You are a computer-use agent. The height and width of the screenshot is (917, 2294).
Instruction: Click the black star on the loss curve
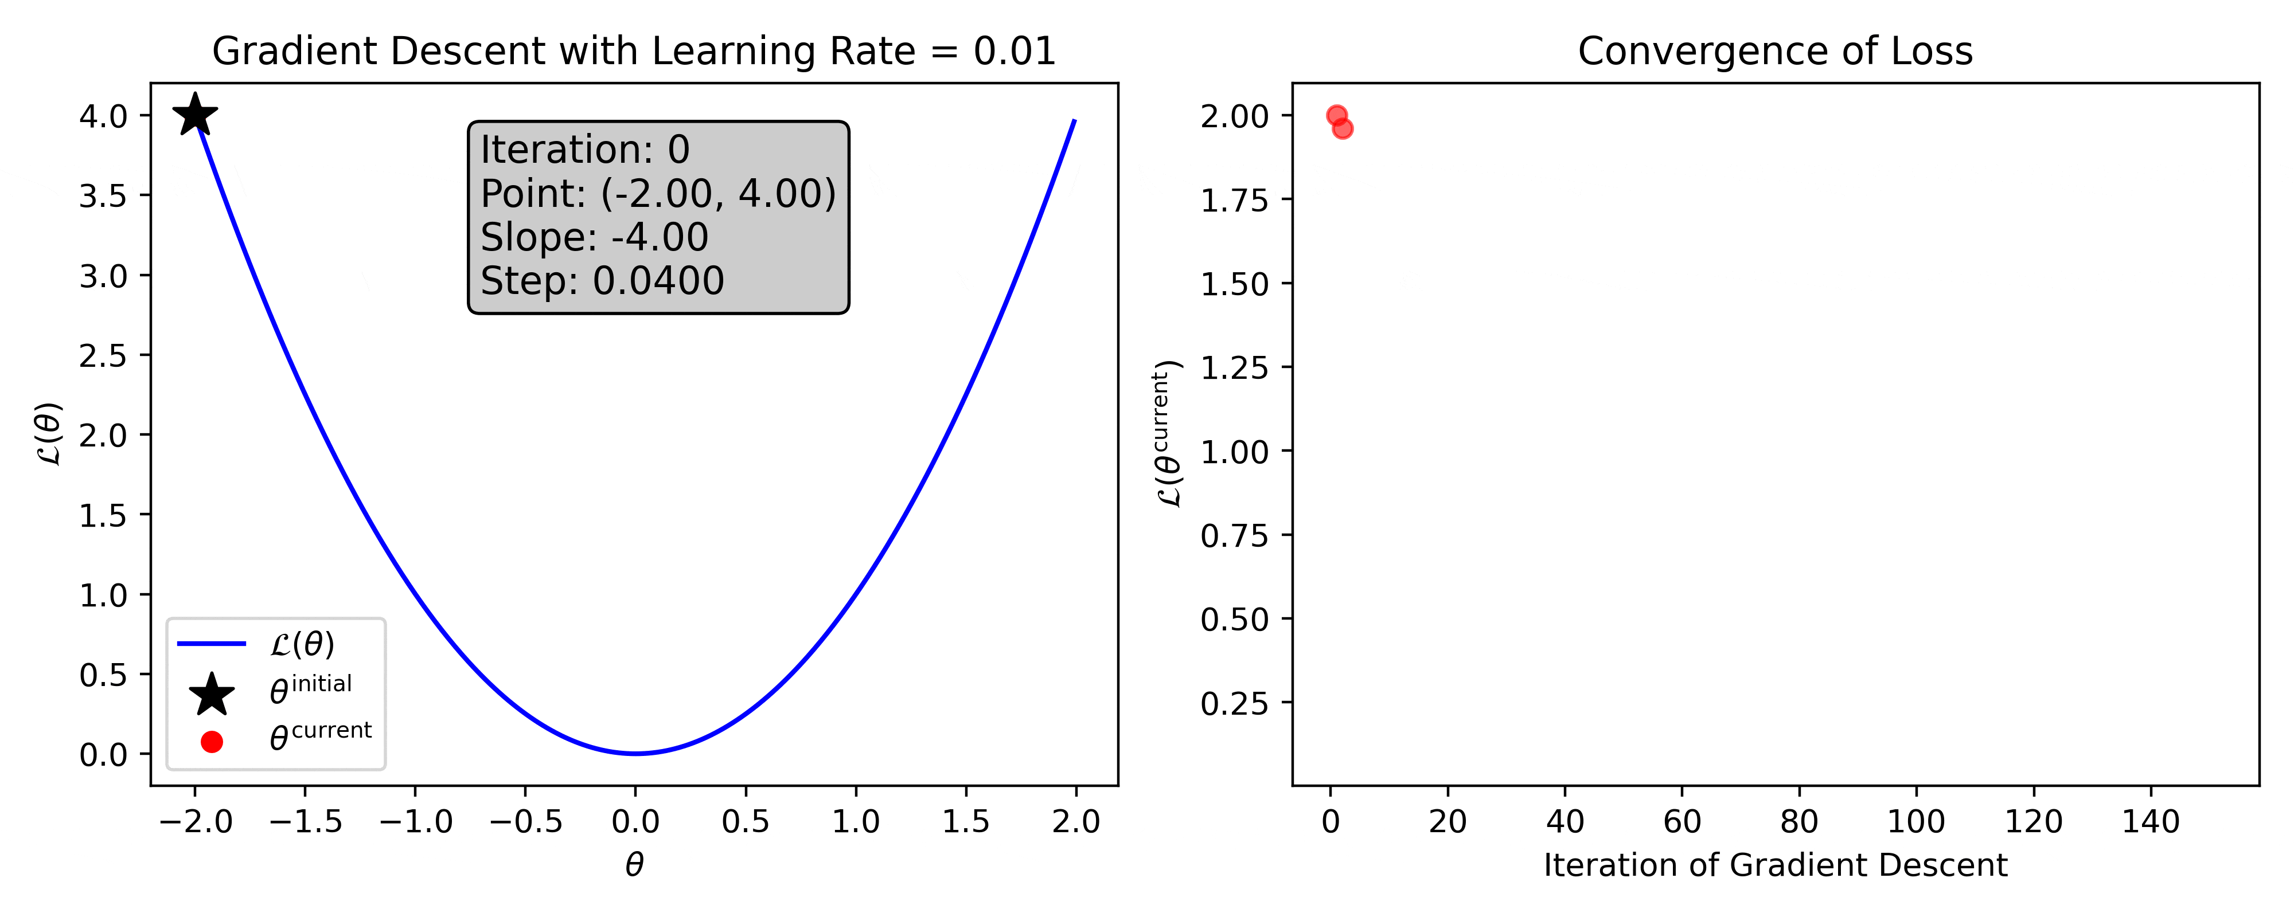pos(195,115)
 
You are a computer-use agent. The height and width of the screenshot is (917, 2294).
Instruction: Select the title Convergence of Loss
pos(1775,52)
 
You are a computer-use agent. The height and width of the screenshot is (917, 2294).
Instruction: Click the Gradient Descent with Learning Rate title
pos(633,52)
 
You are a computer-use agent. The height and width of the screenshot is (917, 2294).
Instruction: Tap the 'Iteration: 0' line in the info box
pos(585,150)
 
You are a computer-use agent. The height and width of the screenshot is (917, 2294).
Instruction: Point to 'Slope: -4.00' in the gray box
pos(594,237)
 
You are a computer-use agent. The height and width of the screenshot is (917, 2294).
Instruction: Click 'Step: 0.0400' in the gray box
pos(602,280)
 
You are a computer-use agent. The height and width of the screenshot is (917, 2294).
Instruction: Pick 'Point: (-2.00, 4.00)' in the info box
pos(658,193)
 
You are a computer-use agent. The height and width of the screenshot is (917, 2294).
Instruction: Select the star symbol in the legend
pos(211,695)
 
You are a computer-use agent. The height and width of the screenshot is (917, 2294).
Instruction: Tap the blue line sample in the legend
pos(211,644)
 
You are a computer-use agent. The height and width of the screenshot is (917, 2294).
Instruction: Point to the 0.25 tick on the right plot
pos(1234,703)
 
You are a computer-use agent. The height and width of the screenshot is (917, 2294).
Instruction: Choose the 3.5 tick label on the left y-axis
pos(103,196)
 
